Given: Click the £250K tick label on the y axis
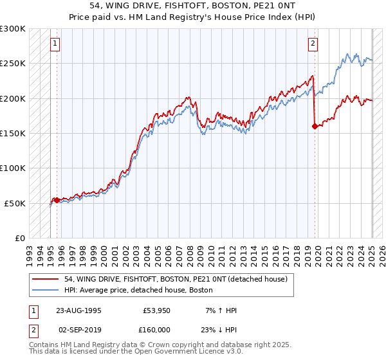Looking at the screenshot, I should [13, 64].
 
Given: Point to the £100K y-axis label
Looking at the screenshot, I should [13, 168].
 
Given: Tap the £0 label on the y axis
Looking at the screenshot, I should [21, 238].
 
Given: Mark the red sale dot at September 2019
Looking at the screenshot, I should [315, 127].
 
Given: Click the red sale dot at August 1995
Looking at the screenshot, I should [57, 200].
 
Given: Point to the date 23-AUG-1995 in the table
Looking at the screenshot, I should [78, 310].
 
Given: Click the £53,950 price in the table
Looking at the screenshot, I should [155, 310].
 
